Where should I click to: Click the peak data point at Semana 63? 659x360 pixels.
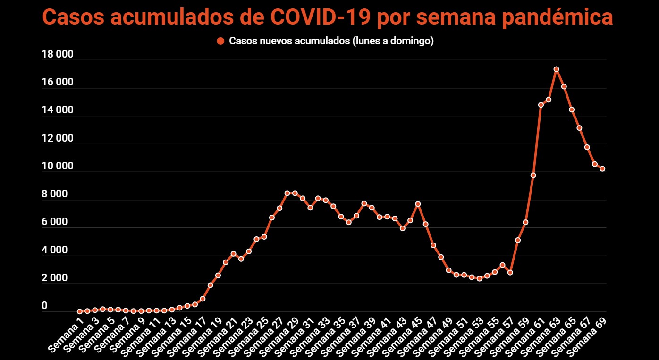556,69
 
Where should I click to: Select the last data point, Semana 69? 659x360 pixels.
602,169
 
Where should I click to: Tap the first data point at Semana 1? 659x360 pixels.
80,311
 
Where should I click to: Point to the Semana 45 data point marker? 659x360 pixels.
418,204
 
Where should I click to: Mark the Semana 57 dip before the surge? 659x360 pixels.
510,273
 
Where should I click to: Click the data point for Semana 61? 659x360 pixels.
541,105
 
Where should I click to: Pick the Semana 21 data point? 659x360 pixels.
233,254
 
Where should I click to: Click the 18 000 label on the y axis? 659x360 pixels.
58,54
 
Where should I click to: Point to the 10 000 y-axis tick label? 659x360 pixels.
58,166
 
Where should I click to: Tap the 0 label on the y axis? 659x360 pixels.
44,306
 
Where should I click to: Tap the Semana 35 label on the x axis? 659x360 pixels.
326,336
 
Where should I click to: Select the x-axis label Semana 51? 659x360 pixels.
448,336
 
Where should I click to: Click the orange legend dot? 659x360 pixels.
220,41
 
